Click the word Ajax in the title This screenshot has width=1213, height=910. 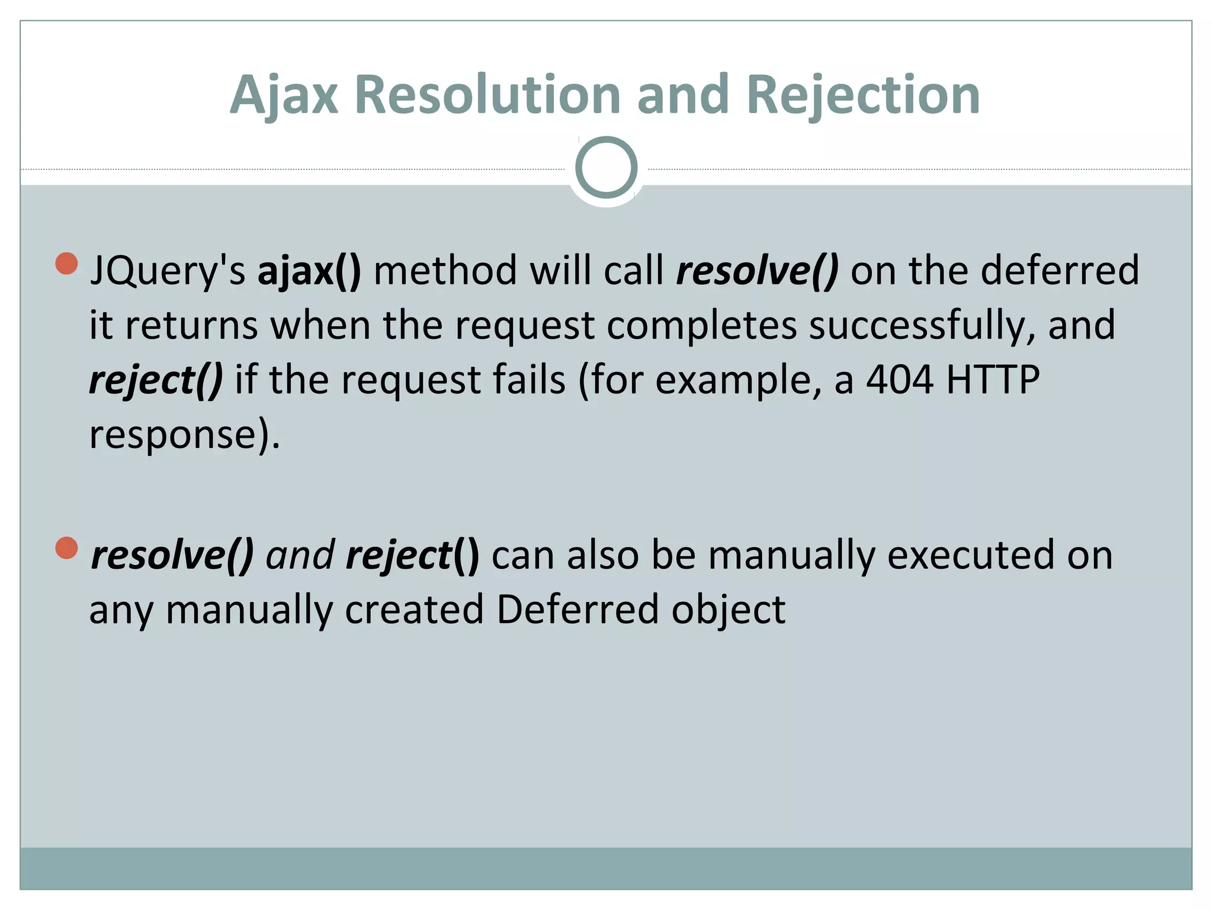tap(284, 95)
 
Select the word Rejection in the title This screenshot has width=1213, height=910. tap(863, 95)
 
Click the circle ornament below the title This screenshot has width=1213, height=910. tap(606, 168)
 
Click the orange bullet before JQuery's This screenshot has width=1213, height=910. tap(67, 264)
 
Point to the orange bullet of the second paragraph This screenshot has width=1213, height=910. tap(67, 548)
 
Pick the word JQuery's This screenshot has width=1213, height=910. tap(167, 271)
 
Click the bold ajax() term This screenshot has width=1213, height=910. tap(309, 271)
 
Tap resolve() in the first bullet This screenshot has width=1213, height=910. tap(757, 271)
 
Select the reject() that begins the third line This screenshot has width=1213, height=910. tap(156, 380)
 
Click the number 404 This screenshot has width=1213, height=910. tap(900, 380)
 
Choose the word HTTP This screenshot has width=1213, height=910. tap(993, 380)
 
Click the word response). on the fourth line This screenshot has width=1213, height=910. tap(184, 435)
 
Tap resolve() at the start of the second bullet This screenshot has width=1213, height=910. tap(172, 556)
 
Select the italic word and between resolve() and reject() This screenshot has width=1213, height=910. tap(300, 556)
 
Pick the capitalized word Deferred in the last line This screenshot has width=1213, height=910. tap(577, 610)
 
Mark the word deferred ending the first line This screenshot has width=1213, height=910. tap(1060, 271)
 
